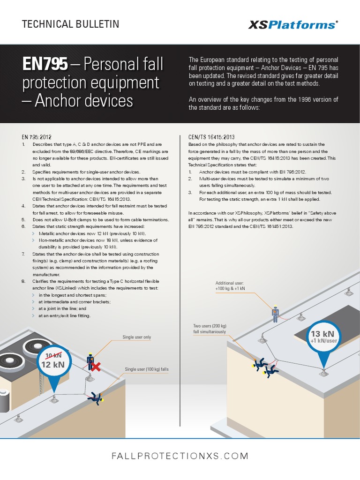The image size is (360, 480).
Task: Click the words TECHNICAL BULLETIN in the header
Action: (70, 24)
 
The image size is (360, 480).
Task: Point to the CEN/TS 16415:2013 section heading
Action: (208, 137)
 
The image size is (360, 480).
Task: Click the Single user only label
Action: (136, 337)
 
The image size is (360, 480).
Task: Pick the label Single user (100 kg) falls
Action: (147, 369)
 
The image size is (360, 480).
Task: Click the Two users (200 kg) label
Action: (210, 329)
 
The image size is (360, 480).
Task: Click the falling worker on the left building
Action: (97, 397)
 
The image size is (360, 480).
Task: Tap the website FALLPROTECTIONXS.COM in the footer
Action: (180, 456)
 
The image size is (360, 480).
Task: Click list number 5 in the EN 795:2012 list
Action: (24, 220)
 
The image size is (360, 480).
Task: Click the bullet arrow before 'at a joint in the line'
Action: (33, 309)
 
